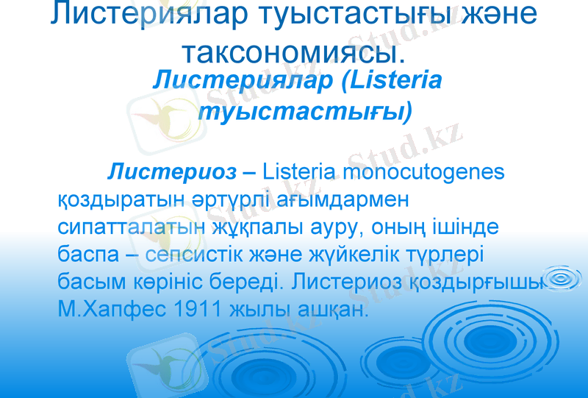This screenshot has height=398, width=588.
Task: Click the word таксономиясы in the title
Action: point(293,51)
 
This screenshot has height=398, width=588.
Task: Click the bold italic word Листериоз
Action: point(172,172)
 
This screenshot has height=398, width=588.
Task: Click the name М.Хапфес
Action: point(104,310)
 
